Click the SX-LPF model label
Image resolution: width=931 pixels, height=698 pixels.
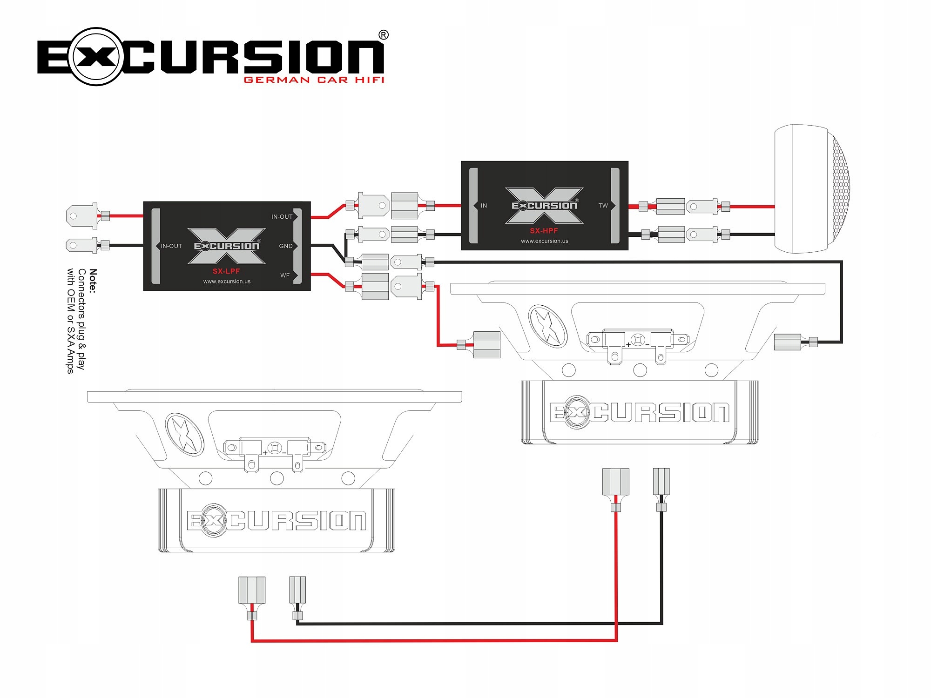(x=226, y=271)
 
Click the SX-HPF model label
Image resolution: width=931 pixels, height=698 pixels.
(x=544, y=231)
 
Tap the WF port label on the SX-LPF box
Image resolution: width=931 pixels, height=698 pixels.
(x=285, y=275)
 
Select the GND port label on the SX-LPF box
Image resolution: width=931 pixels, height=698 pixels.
(x=286, y=246)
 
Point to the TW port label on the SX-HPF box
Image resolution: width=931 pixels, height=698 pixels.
(x=603, y=206)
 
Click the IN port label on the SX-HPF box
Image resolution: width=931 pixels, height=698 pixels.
(x=484, y=206)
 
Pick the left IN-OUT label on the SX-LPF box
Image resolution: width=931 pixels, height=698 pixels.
(x=171, y=246)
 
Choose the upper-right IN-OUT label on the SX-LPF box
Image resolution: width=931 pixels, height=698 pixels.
(x=282, y=217)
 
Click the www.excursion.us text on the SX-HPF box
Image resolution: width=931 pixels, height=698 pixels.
(x=545, y=241)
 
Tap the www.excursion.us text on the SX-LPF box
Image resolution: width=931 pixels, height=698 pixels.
(x=227, y=282)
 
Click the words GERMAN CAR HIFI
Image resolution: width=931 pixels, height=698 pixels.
(x=314, y=80)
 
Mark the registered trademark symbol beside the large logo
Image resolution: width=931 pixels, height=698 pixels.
(x=384, y=35)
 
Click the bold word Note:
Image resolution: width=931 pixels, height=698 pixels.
(x=93, y=281)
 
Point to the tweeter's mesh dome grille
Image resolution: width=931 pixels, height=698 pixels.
(x=841, y=188)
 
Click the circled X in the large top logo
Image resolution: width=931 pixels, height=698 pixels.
(x=96, y=57)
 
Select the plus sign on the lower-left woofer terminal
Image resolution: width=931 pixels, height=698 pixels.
(x=265, y=453)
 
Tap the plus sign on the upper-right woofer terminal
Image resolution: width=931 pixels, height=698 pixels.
(x=628, y=345)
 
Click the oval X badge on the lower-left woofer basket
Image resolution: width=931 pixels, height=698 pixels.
(x=184, y=434)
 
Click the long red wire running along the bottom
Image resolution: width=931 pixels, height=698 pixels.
(x=433, y=641)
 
